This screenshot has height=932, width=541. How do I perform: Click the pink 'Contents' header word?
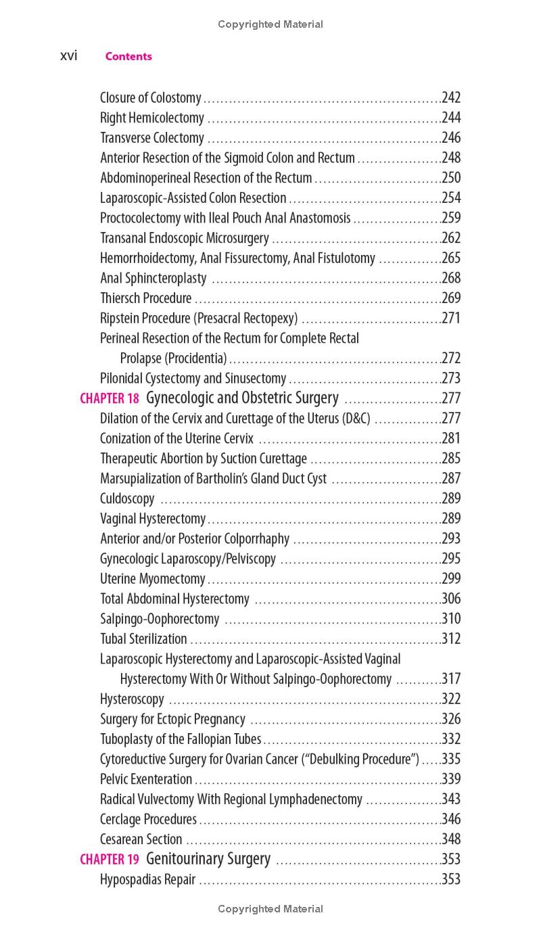(x=128, y=57)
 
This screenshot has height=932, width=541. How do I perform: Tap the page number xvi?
(x=68, y=56)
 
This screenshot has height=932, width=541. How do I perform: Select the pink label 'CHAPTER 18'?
(x=109, y=398)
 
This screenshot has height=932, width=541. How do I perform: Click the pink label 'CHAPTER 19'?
(x=109, y=860)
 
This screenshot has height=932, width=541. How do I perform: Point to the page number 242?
(x=451, y=98)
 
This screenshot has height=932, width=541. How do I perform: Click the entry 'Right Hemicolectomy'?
(x=152, y=118)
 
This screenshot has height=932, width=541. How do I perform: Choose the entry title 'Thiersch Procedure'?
(x=145, y=298)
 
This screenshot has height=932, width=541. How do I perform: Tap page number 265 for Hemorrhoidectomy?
(x=451, y=258)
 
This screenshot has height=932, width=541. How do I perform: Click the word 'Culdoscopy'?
(x=127, y=499)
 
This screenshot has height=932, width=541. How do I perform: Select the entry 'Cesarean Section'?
(x=141, y=839)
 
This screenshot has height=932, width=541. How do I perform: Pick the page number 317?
(x=451, y=679)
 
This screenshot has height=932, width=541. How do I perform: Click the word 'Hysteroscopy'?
(x=132, y=699)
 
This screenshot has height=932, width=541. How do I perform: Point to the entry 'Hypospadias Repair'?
(x=147, y=879)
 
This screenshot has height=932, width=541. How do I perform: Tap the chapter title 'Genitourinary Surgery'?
(x=208, y=859)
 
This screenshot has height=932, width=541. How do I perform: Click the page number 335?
(x=451, y=760)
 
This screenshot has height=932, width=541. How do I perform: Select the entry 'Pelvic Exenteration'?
(x=146, y=779)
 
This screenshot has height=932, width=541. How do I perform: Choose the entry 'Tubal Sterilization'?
(x=143, y=639)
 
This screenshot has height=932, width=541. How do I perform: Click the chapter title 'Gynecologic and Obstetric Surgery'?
(x=242, y=398)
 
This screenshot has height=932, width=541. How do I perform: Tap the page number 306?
(x=451, y=599)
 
